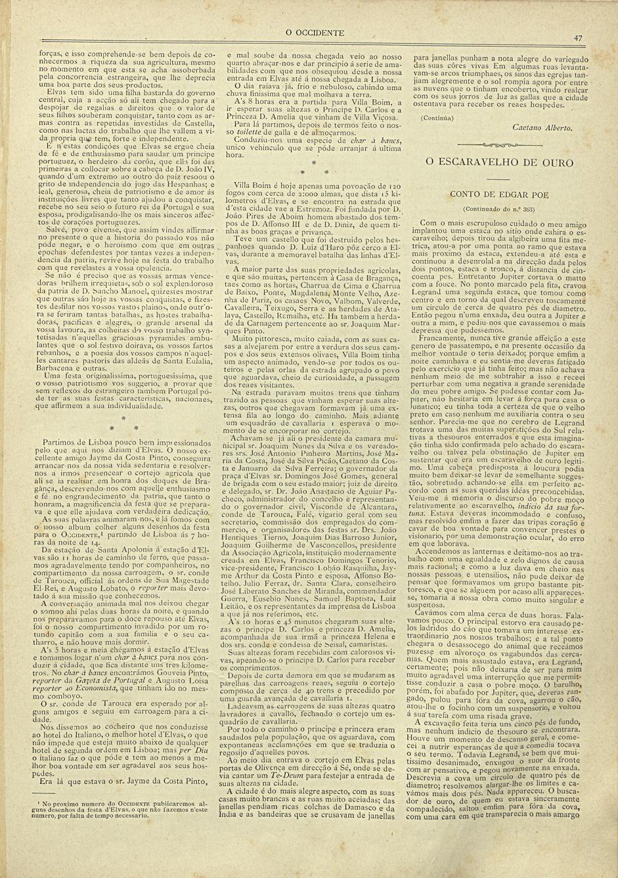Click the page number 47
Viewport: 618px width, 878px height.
[577, 38]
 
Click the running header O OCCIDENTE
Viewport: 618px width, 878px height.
[315, 32]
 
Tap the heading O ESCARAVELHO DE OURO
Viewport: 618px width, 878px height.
[499, 162]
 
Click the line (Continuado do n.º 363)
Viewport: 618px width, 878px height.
[499, 208]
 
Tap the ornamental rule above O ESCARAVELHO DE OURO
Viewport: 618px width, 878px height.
[499, 143]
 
